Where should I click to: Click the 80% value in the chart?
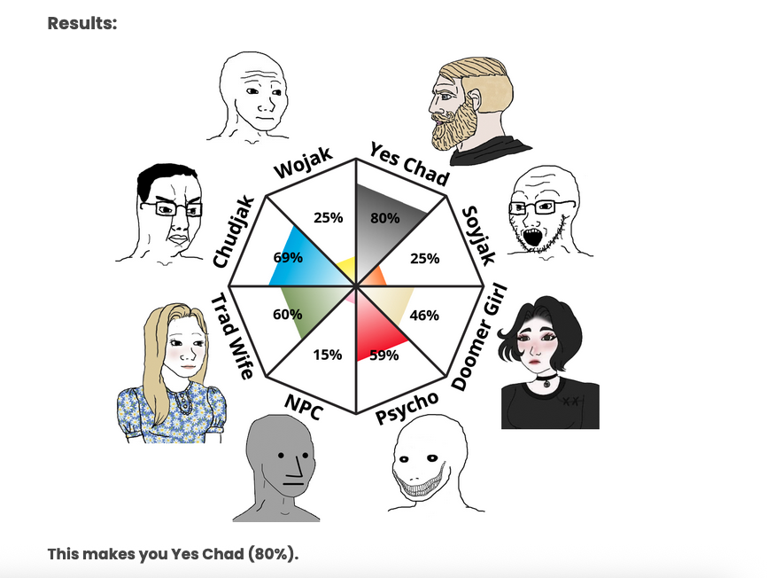(385, 218)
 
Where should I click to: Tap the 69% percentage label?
(288, 257)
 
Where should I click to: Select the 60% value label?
(288, 314)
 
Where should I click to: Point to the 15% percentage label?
(328, 355)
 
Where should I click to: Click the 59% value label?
(384, 355)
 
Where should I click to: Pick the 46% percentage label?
(424, 316)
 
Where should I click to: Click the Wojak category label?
(303, 163)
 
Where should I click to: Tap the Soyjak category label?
(479, 235)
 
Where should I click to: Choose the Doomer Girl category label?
(479, 338)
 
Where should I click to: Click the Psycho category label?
(407, 408)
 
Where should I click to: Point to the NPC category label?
(303, 407)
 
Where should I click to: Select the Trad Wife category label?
(232, 336)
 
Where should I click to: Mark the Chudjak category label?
(234, 232)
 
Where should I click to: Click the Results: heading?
(82, 23)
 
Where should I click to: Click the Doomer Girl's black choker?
(546, 378)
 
